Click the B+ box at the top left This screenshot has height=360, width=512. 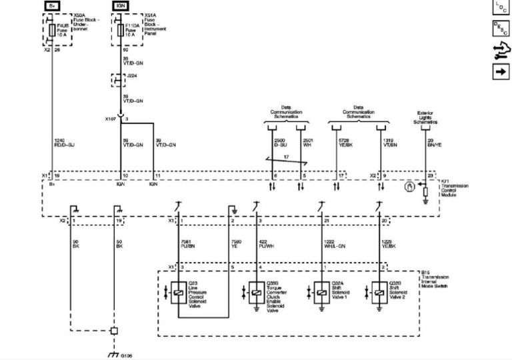tap(52, 5)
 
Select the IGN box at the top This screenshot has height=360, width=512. tap(120, 5)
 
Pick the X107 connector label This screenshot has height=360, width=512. tap(110, 119)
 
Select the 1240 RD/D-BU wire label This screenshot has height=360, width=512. tap(65, 142)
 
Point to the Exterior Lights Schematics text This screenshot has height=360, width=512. tap(425, 118)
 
